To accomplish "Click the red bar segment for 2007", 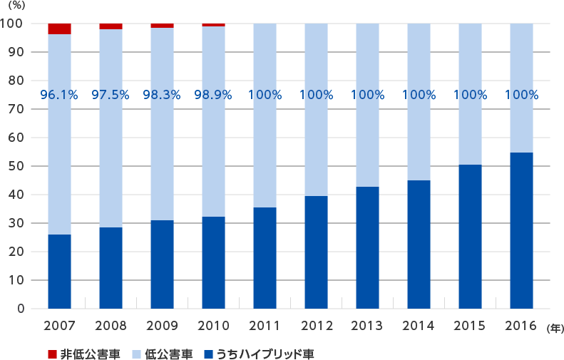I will [59, 29].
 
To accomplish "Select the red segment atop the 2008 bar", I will [111, 26].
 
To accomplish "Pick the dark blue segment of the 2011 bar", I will [265, 258].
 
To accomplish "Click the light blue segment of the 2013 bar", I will [367, 135].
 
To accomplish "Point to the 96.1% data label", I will [59, 95].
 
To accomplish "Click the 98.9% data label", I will [213, 95].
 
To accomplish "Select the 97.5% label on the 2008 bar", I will [111, 95].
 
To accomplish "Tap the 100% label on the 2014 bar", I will [419, 95].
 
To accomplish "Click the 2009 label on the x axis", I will [162, 326].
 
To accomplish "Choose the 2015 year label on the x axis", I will [470, 326].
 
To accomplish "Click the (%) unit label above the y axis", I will [16, 5].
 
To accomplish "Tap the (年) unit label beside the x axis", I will [554, 328].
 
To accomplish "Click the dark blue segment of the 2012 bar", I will [316, 252].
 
